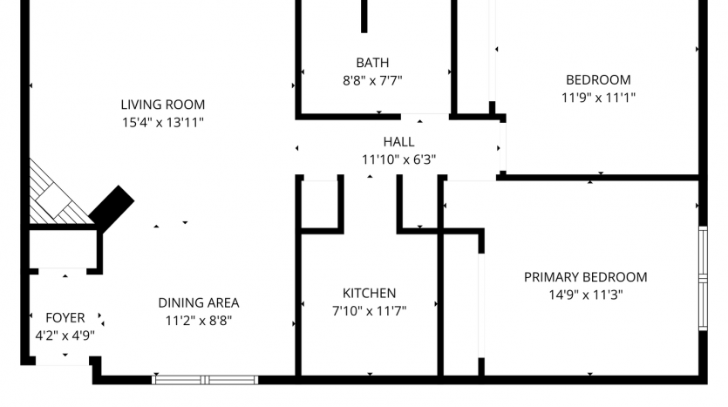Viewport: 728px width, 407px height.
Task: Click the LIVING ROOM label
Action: click(x=162, y=105)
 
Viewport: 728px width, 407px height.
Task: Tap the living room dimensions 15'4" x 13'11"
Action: click(x=162, y=123)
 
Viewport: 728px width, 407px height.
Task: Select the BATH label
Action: click(x=372, y=63)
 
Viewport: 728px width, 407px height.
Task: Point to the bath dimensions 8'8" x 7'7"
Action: click(x=372, y=81)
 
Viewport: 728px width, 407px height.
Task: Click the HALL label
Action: click(x=398, y=141)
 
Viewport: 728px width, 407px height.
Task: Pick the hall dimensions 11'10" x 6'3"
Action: click(x=398, y=159)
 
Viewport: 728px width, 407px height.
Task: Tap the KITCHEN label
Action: click(x=369, y=294)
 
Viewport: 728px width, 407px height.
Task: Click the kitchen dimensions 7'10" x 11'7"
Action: click(x=369, y=311)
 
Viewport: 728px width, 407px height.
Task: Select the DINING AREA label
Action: click(x=199, y=303)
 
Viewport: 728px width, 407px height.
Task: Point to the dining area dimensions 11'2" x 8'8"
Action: click(x=199, y=321)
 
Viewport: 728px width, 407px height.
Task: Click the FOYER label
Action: click(x=65, y=318)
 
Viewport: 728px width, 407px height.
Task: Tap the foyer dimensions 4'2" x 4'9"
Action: click(x=65, y=336)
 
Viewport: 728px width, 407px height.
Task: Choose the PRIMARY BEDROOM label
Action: click(x=586, y=277)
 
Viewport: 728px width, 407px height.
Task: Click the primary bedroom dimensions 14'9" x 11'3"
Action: click(x=586, y=295)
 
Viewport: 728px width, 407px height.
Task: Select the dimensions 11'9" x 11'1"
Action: click(x=598, y=98)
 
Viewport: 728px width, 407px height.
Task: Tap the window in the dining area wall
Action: click(x=205, y=380)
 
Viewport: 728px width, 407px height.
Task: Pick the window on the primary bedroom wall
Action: click(x=703, y=278)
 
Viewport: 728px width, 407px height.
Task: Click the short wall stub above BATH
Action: click(x=364, y=17)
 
